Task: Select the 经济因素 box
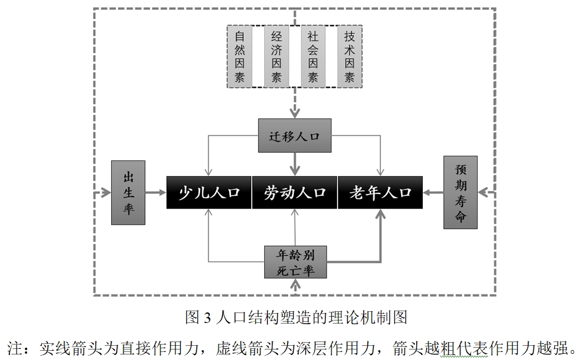[x=276, y=56]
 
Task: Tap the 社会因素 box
[x=313, y=56]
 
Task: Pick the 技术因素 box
[x=350, y=56]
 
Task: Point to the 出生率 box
[x=128, y=193]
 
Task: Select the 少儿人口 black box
[x=209, y=193]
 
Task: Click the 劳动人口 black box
[x=294, y=193]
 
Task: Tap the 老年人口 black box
[x=380, y=193]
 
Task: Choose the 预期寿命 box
[x=460, y=193]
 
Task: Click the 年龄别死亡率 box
[x=294, y=262]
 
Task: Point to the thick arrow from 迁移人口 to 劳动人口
[x=294, y=164]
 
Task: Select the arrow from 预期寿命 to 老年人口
[x=434, y=193]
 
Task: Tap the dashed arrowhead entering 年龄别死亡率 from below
[x=297, y=285]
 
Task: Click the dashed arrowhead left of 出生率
[x=102, y=193]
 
